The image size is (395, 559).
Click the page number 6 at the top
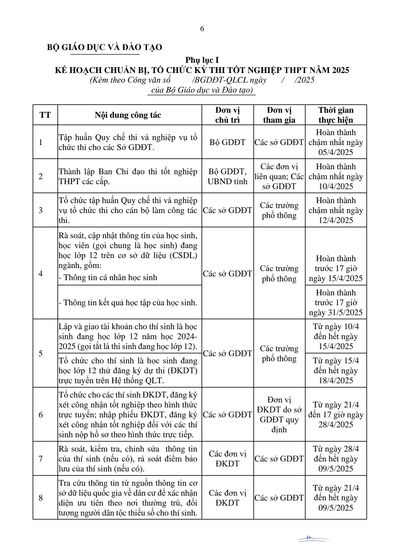tap(202, 29)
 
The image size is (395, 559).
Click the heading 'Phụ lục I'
tap(202, 60)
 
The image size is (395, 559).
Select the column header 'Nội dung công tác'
tap(128, 115)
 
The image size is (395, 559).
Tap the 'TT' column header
tap(45, 115)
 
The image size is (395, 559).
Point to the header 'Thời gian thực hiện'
tap(336, 115)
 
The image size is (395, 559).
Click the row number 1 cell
tap(41, 142)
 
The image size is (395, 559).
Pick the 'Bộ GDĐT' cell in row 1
tap(227, 142)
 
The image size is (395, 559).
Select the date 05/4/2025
tap(336, 152)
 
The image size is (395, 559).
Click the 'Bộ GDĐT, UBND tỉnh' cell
tap(227, 176)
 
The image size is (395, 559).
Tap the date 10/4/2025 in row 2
tap(336, 186)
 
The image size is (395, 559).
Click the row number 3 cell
tap(41, 210)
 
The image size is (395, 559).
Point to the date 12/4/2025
tap(336, 220)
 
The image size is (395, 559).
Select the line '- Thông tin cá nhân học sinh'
tap(108, 277)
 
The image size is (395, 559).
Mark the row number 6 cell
tap(41, 415)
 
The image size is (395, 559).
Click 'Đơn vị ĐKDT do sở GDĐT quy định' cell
tap(279, 415)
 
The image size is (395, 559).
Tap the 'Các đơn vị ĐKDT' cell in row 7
tap(227, 459)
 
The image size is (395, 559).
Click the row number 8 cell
tap(41, 498)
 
